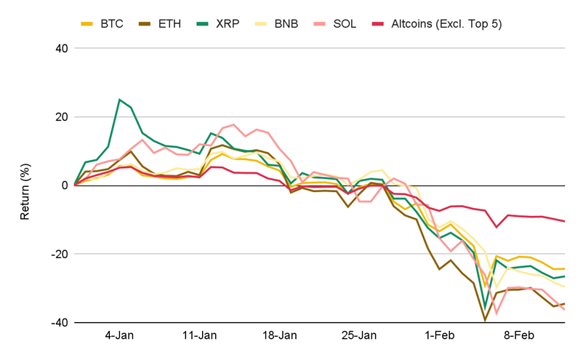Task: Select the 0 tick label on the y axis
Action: point(64,185)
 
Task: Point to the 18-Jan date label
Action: point(279,336)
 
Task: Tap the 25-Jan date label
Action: point(359,336)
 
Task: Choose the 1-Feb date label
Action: point(438,336)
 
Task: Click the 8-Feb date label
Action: point(518,336)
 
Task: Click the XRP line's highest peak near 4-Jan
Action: point(119,100)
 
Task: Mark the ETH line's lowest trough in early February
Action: point(485,319)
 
